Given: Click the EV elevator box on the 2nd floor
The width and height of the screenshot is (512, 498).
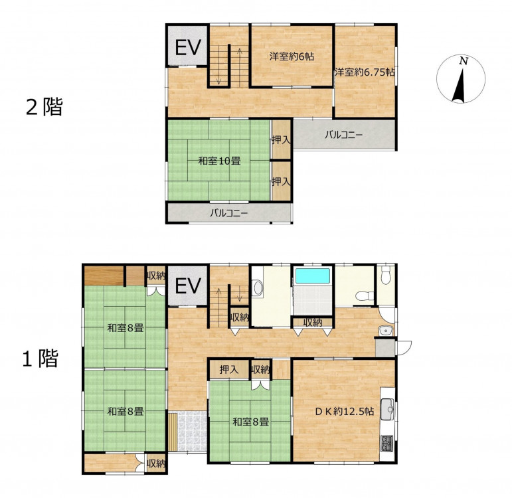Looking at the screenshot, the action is tap(187, 45).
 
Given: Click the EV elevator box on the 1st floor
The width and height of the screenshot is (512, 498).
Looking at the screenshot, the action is tap(187, 286).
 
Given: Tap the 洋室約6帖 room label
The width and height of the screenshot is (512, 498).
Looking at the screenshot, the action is tap(292, 56).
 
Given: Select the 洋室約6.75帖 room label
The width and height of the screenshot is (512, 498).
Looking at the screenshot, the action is tap(365, 72).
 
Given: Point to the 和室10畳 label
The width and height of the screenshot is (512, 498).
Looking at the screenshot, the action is tap(220, 161).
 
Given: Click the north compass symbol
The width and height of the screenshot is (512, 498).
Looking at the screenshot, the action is tap(461, 79).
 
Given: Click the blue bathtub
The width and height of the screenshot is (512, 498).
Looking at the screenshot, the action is tap(313, 276).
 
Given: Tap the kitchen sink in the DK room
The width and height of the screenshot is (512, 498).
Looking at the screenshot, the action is tap(387, 408).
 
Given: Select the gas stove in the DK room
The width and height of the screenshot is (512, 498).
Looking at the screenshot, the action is tap(387, 444).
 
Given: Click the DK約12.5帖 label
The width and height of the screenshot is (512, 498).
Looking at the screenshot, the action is tap(344, 411).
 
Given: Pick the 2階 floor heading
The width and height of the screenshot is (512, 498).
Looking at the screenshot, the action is tap(44, 107).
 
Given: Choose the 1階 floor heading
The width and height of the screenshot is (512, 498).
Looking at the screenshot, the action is tap(40, 359).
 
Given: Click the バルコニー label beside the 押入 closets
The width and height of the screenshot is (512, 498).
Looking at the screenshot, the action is tap(343, 135).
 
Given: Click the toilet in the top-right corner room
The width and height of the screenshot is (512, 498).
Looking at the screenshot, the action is tap(386, 272).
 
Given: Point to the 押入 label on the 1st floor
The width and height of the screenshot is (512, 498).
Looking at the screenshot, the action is tap(229, 370).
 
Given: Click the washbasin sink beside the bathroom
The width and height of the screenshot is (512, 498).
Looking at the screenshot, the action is tap(258, 288).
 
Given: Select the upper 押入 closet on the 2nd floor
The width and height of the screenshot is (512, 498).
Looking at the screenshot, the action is tap(281, 139).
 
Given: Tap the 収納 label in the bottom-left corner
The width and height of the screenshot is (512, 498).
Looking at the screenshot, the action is tap(156, 463).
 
